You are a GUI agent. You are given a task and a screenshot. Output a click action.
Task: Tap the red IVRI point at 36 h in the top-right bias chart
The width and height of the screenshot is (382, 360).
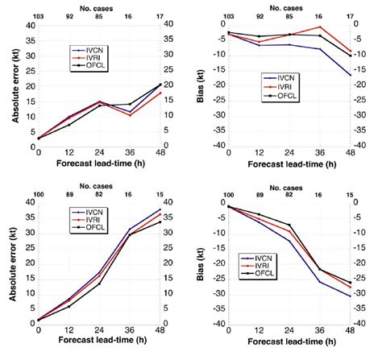point(320,27)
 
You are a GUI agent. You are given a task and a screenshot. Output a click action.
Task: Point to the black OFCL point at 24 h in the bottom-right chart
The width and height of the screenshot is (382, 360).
point(289,225)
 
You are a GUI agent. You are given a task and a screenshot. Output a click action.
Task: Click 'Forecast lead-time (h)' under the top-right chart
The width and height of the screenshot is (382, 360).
point(289,163)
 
